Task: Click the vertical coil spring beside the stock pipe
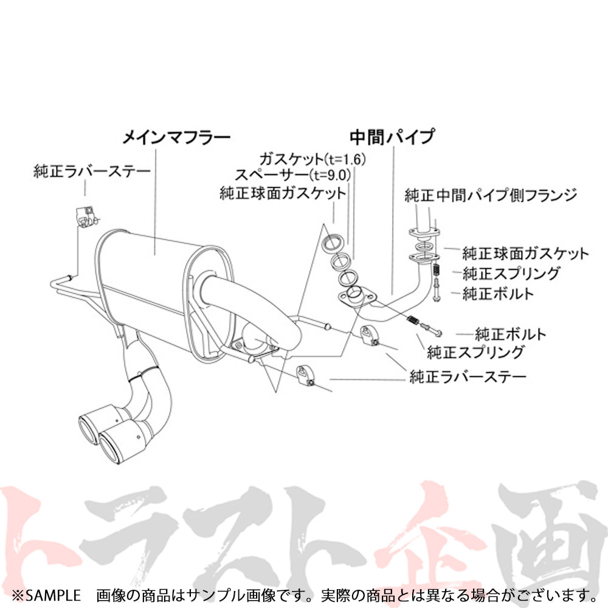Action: coord(436,271)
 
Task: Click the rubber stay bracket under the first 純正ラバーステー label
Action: coord(85,215)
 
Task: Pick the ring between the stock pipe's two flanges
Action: coord(424,246)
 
